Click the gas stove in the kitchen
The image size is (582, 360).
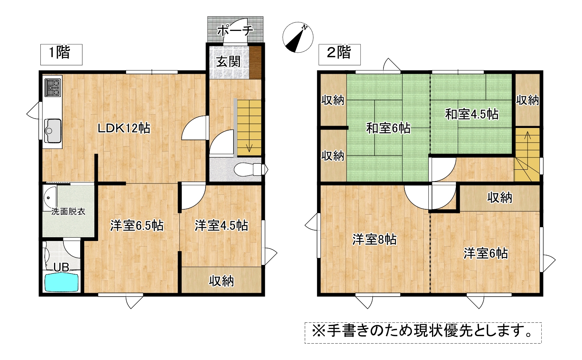point(53,87)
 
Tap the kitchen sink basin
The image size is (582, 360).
point(53,131)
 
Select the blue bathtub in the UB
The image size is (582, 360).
point(62,283)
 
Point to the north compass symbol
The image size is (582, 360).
point(298,37)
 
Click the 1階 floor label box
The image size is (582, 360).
point(61,54)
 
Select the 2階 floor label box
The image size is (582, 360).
point(339,54)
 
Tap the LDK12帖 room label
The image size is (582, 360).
point(124,128)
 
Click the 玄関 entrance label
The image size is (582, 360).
point(228,62)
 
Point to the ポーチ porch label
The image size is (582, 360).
point(235,31)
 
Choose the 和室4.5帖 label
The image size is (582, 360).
point(472,114)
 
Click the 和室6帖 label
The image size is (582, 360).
point(388,128)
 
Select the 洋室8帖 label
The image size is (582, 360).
point(375,240)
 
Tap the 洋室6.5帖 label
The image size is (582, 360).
point(137,226)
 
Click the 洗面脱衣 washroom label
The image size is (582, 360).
point(68,212)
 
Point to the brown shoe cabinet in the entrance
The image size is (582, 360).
point(255,63)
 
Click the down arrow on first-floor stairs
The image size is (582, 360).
point(250,147)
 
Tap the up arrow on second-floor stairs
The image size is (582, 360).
point(528,135)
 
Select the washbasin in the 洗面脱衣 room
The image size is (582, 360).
point(50,199)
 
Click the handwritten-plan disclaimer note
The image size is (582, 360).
point(423,333)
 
